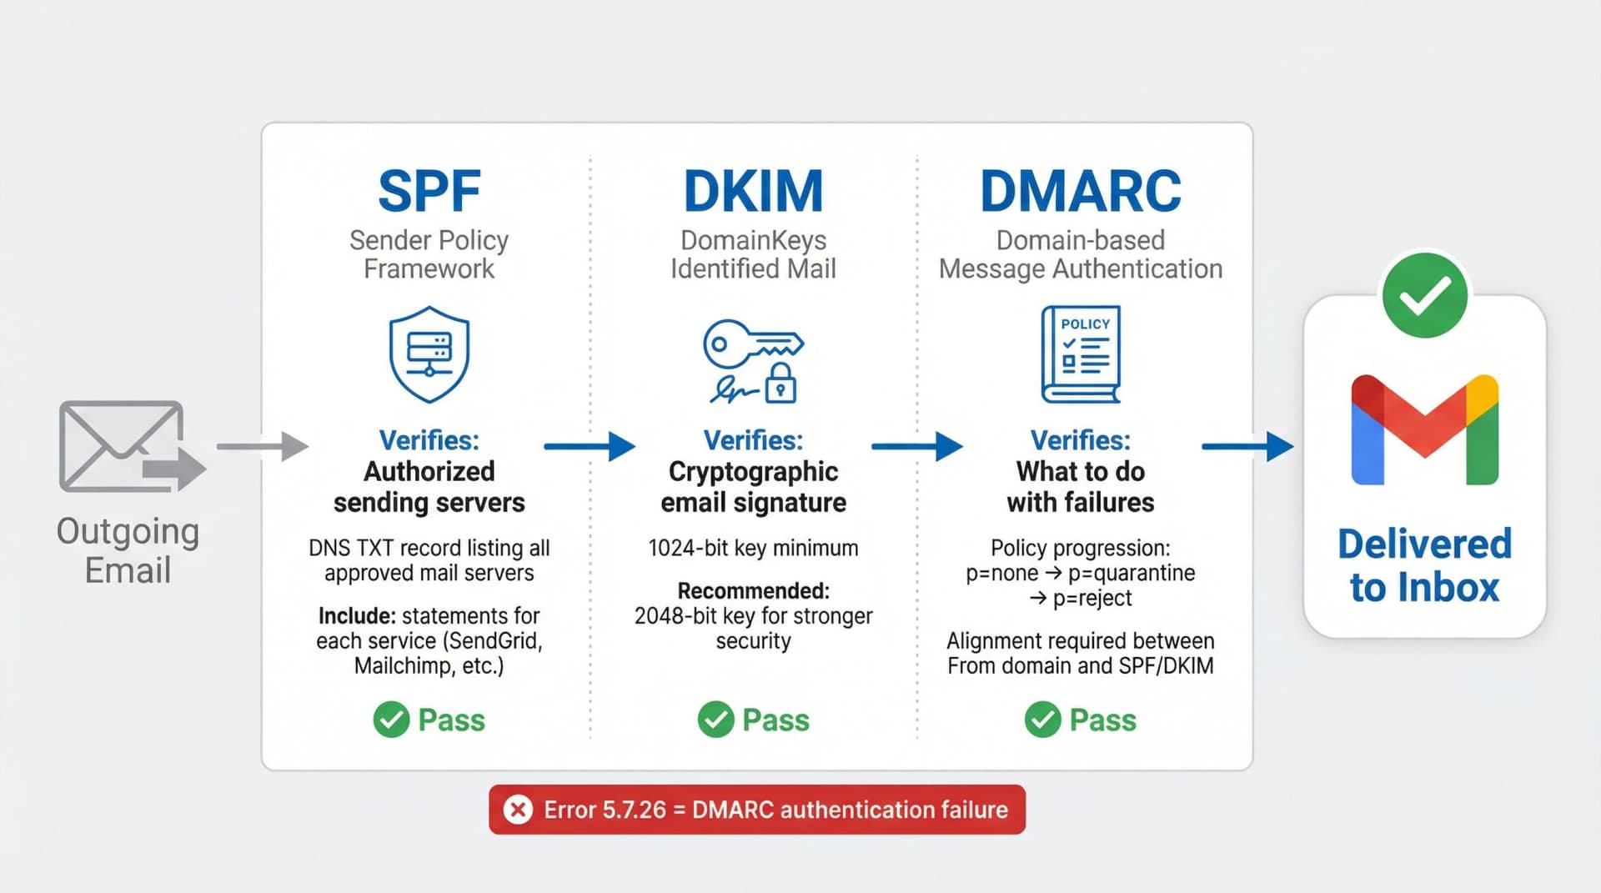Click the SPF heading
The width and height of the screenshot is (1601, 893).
click(x=429, y=192)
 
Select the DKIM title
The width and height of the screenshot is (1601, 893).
click(x=753, y=192)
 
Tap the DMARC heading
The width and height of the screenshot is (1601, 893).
click(x=1080, y=192)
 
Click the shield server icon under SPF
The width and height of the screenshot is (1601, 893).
click(x=429, y=354)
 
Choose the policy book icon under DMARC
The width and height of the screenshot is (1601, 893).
click(x=1080, y=354)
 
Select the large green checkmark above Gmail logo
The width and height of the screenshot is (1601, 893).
click(x=1424, y=295)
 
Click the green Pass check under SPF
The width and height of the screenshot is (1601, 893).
click(x=391, y=720)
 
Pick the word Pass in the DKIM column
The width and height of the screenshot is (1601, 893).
click(x=775, y=720)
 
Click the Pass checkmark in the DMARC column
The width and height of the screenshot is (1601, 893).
click(x=1042, y=720)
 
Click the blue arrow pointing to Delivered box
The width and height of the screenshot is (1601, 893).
click(x=1247, y=447)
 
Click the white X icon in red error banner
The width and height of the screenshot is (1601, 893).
click(x=518, y=810)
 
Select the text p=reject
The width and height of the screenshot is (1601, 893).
click(x=1092, y=599)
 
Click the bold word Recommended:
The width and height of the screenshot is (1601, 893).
click(x=753, y=591)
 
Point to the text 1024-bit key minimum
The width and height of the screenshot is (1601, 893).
click(x=753, y=549)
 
